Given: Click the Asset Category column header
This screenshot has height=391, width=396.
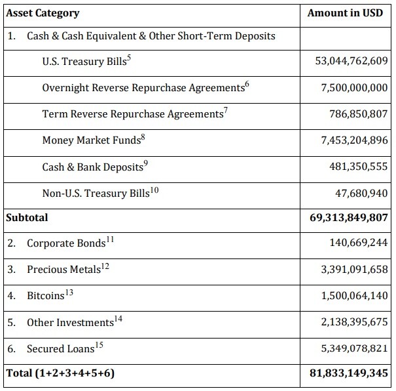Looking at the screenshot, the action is (x=43, y=13).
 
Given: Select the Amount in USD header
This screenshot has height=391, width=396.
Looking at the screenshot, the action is (x=345, y=13).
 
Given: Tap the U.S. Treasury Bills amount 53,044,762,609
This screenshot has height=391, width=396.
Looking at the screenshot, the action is (x=351, y=61).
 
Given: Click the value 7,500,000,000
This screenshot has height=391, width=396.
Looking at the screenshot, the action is (x=354, y=87).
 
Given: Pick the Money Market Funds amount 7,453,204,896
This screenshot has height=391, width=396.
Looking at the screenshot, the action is (x=354, y=140).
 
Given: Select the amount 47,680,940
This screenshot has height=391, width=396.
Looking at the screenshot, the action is (x=361, y=194).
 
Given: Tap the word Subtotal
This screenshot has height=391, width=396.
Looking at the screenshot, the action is (x=27, y=218).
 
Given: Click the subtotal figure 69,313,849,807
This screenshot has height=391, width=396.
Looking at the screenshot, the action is (x=348, y=218).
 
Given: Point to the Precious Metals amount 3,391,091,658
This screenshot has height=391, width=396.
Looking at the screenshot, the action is (x=354, y=269).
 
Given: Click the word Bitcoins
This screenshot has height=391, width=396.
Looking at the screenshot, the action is (x=46, y=296).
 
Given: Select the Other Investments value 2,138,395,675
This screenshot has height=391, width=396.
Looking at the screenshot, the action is (x=354, y=322).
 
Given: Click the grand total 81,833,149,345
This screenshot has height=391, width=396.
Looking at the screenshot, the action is (x=348, y=373).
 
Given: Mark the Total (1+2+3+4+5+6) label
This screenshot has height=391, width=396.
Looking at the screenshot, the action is (x=60, y=373).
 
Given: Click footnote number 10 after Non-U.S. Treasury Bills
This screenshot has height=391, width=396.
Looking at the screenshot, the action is (x=154, y=190).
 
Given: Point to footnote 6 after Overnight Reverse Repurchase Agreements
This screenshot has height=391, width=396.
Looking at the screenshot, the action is (x=247, y=84).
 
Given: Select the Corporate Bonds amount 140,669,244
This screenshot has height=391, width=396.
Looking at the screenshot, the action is (x=359, y=243).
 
